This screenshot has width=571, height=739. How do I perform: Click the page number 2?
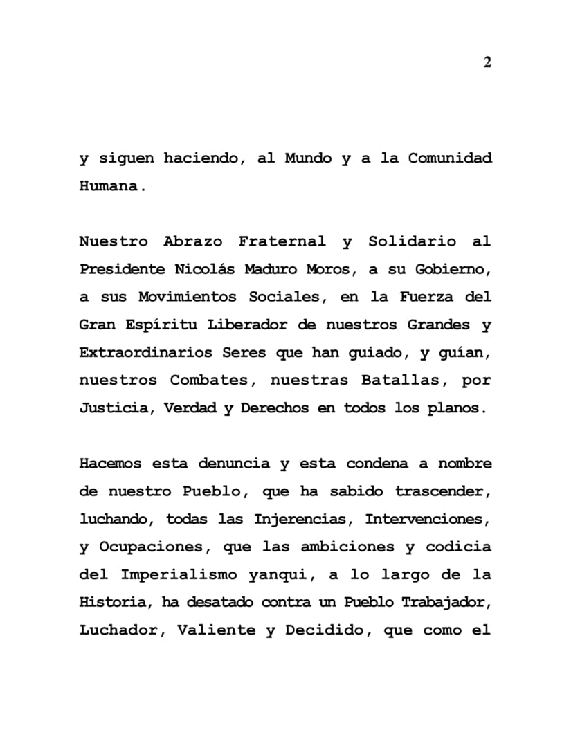pyautogui.click(x=487, y=62)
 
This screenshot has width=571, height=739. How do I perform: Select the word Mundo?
pyautogui.click(x=309, y=158)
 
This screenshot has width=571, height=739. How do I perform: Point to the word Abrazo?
pyautogui.click(x=193, y=241)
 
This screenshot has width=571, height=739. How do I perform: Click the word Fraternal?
pyautogui.click(x=282, y=241)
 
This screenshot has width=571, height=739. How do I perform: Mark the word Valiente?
pyautogui.click(x=215, y=630)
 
